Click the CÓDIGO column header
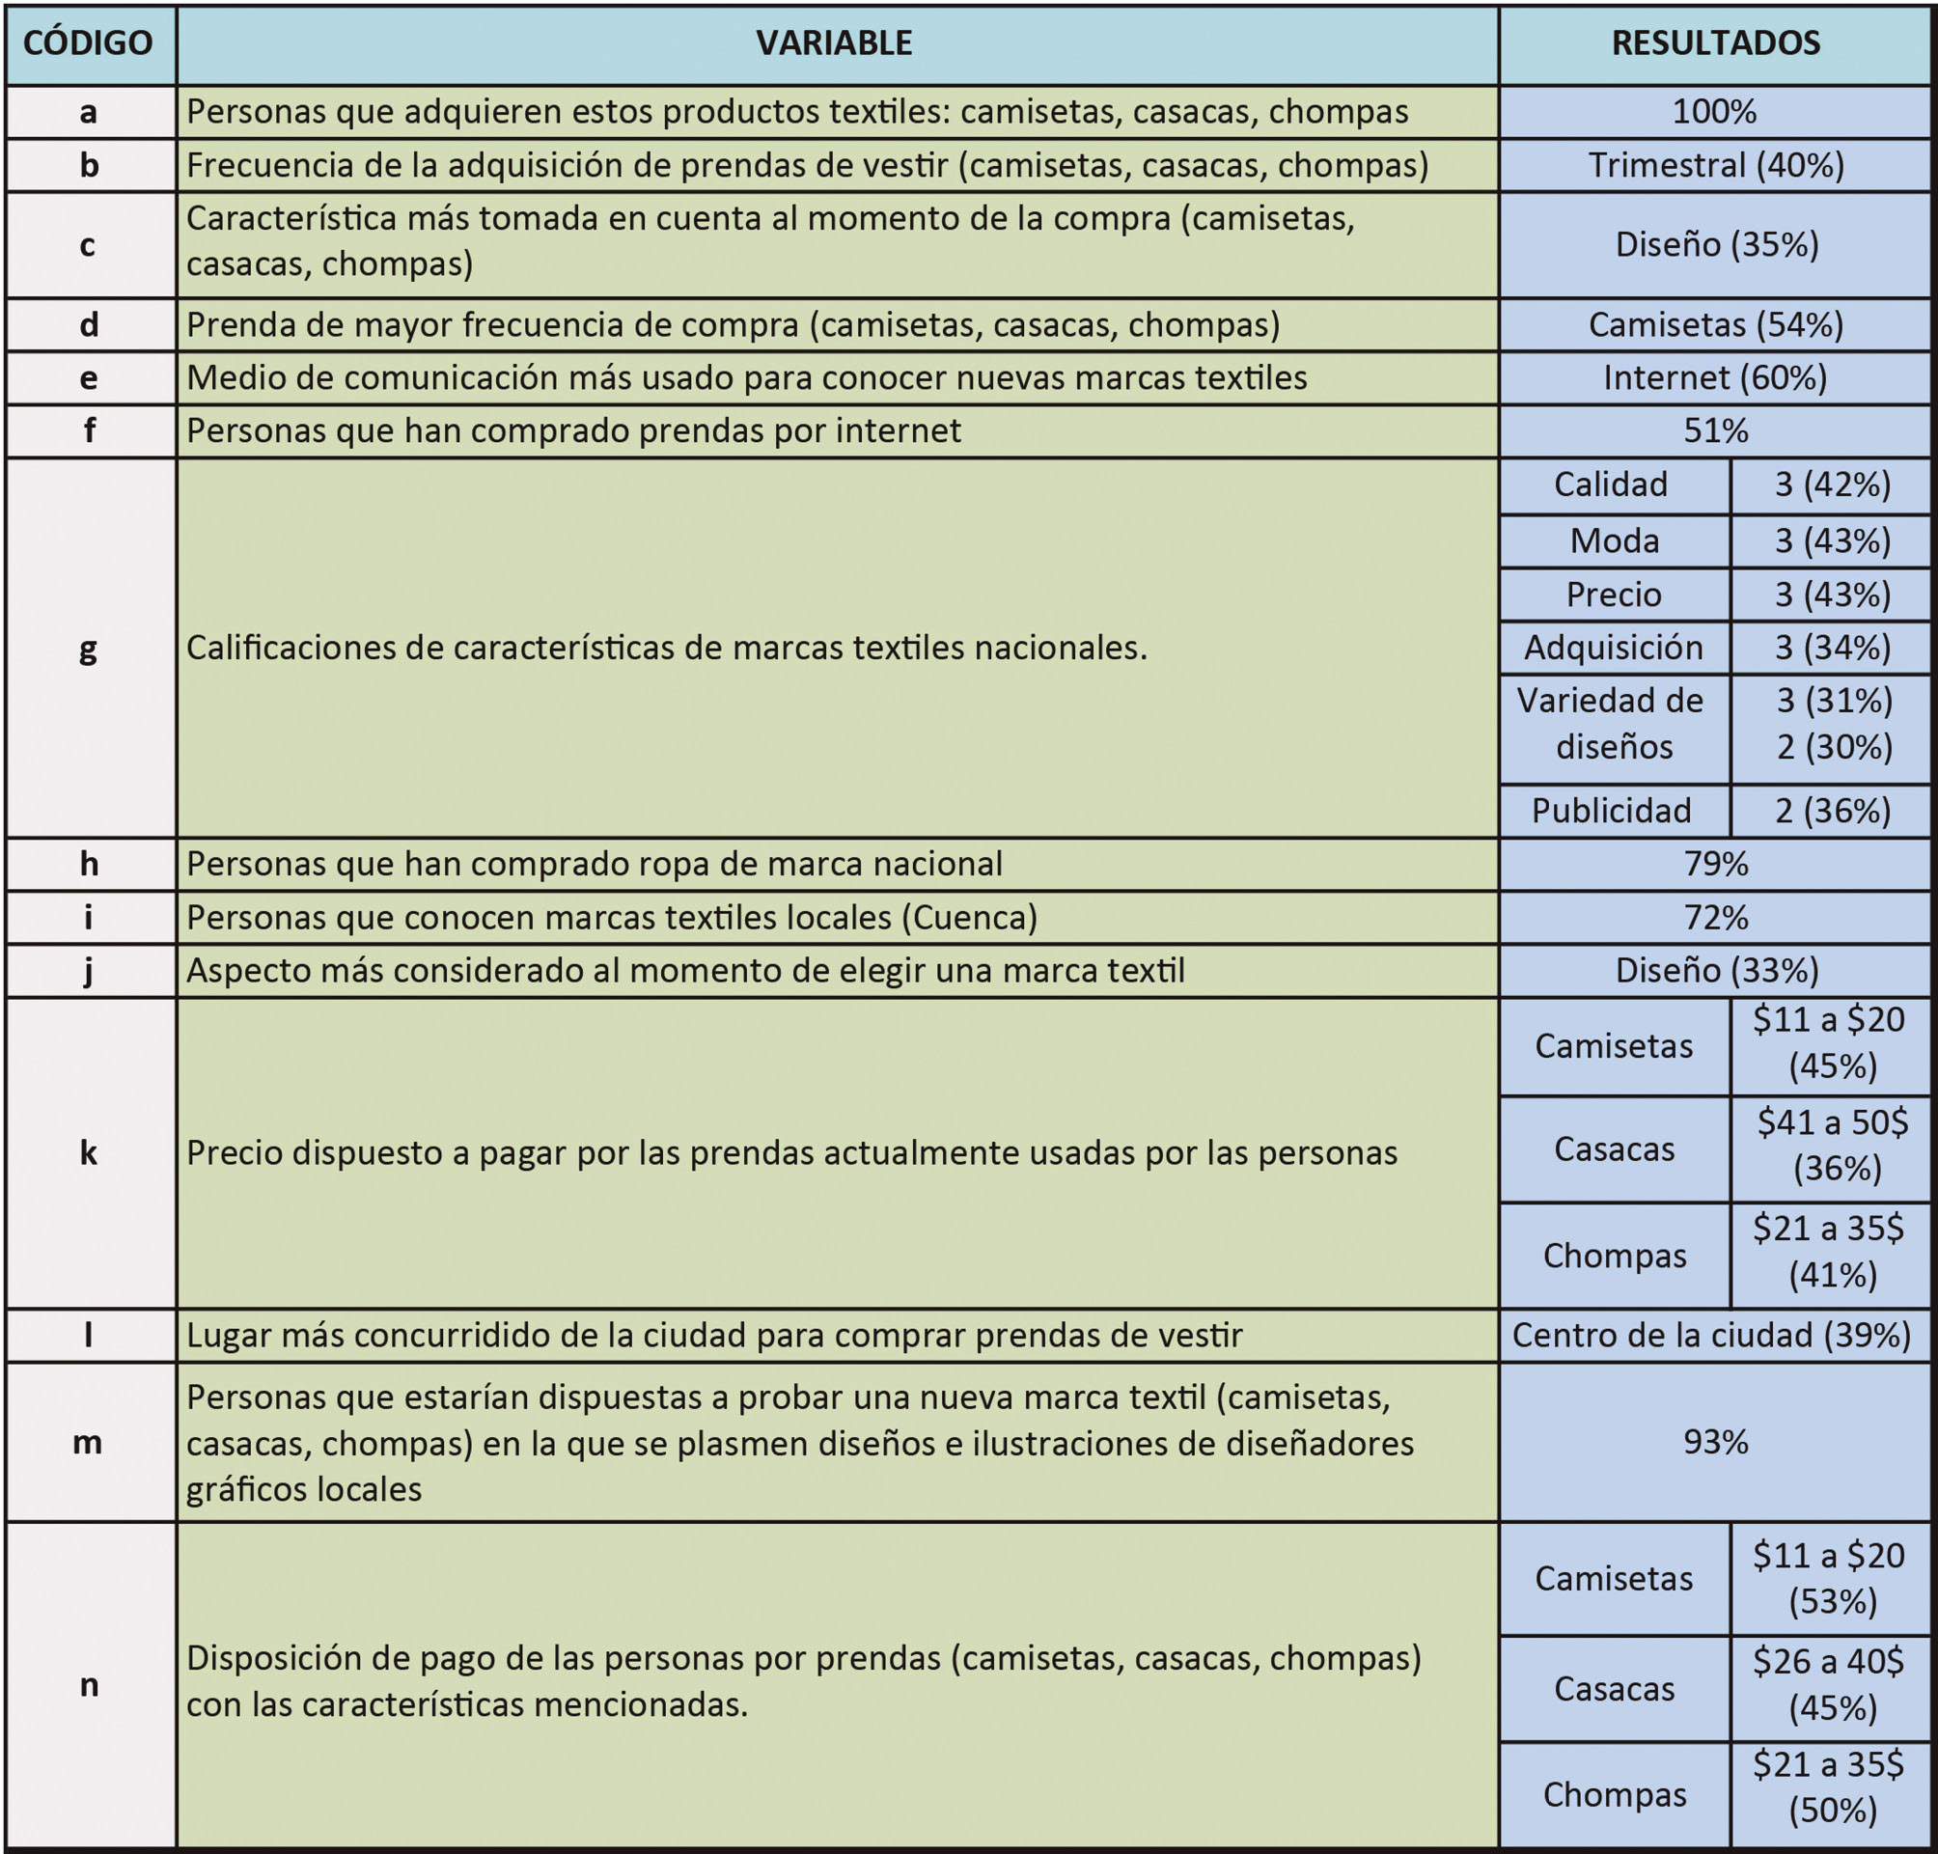tap(88, 43)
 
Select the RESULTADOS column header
tap(1715, 43)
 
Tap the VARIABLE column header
tap(835, 43)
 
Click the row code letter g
tap(88, 649)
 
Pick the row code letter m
tap(88, 1442)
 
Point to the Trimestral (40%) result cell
tap(1715, 165)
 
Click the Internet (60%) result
tap(1715, 377)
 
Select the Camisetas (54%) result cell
tap(1715, 324)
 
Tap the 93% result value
tap(1715, 1442)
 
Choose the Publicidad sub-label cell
tap(1612, 811)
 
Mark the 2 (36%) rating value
tap(1831, 811)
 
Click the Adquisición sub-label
tap(1613, 648)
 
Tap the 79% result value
tap(1715, 864)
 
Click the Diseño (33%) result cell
tap(1715, 971)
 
